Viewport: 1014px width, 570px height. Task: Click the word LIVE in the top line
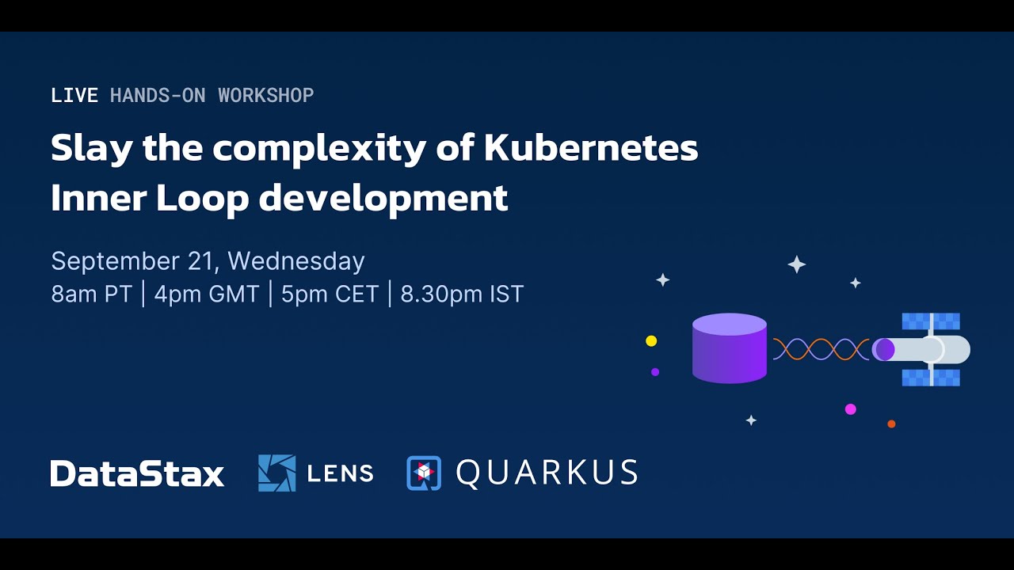coord(74,96)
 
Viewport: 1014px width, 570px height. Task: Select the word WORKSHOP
coord(265,96)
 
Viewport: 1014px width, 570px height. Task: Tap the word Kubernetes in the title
coord(590,148)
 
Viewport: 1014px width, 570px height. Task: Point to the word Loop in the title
coord(202,199)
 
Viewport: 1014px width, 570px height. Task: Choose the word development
coord(383,199)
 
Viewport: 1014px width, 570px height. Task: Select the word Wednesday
coord(295,261)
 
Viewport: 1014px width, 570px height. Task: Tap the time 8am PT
coord(90,294)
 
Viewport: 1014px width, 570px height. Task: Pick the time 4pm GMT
coord(207,294)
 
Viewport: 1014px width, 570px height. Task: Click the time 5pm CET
coord(330,294)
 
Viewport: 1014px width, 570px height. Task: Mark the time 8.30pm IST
coord(462,294)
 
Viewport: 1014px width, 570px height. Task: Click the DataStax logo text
coord(137,473)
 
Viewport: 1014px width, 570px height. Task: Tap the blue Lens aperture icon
coord(276,473)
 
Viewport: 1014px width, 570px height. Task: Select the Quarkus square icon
coord(424,473)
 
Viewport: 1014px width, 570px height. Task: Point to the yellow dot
coord(651,341)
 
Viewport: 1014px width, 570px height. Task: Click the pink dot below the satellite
coord(850,409)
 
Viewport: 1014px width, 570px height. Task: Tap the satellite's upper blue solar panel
coord(931,321)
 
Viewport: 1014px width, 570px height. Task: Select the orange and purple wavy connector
coord(821,349)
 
